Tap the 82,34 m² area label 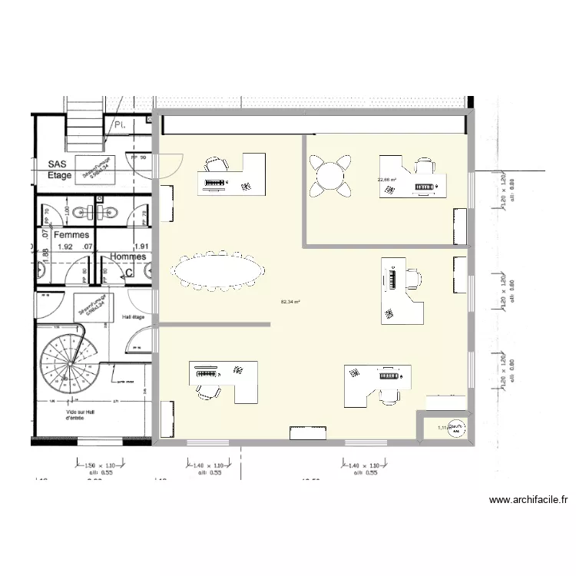tap(291, 302)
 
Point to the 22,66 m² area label tap(386, 180)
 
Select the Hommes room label tap(127, 257)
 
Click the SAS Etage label tap(60, 170)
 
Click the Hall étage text tap(133, 316)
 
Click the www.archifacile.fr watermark tap(528, 500)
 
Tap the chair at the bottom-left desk tap(207, 390)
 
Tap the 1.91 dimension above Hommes tap(141, 247)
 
